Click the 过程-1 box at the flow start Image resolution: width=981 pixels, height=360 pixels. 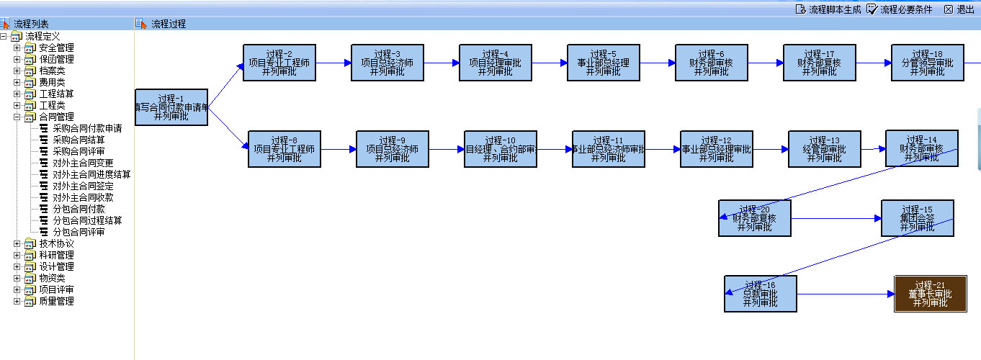[171, 107]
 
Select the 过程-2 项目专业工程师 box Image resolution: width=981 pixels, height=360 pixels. [279, 63]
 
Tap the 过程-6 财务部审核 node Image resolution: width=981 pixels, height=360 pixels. [712, 63]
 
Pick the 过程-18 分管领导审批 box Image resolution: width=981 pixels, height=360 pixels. [927, 63]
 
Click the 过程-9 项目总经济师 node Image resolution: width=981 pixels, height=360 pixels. [393, 149]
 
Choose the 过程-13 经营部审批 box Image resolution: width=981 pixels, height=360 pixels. [825, 149]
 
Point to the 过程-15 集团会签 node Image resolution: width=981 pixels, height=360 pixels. [917, 218]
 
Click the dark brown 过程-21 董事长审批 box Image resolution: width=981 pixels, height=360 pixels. [931, 294]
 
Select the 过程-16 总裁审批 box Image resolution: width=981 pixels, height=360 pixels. [761, 294]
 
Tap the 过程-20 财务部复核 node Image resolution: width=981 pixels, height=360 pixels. [755, 218]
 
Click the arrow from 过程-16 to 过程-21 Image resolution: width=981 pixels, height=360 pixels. [846, 294]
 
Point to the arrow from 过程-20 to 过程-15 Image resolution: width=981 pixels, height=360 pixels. [836, 218]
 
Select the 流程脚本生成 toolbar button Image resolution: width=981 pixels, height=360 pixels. [828, 9]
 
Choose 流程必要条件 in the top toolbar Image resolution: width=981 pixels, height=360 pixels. [900, 9]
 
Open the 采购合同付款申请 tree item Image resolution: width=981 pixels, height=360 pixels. [87, 128]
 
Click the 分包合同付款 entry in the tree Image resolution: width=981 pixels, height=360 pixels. [79, 209]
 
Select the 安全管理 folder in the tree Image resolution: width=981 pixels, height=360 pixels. [56, 48]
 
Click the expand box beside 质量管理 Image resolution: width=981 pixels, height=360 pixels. [17, 301]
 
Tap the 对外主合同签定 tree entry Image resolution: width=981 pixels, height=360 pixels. [83, 186]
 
